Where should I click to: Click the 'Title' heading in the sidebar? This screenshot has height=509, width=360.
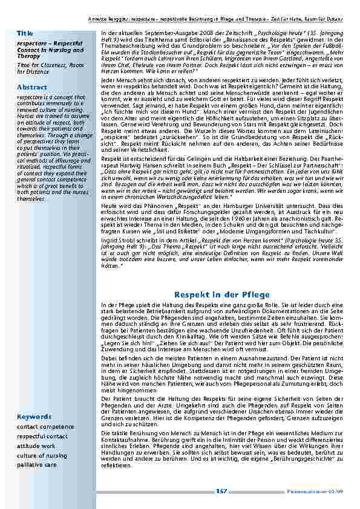click(x=25, y=31)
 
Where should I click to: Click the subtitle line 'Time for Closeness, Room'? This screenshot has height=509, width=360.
click(x=51, y=65)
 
